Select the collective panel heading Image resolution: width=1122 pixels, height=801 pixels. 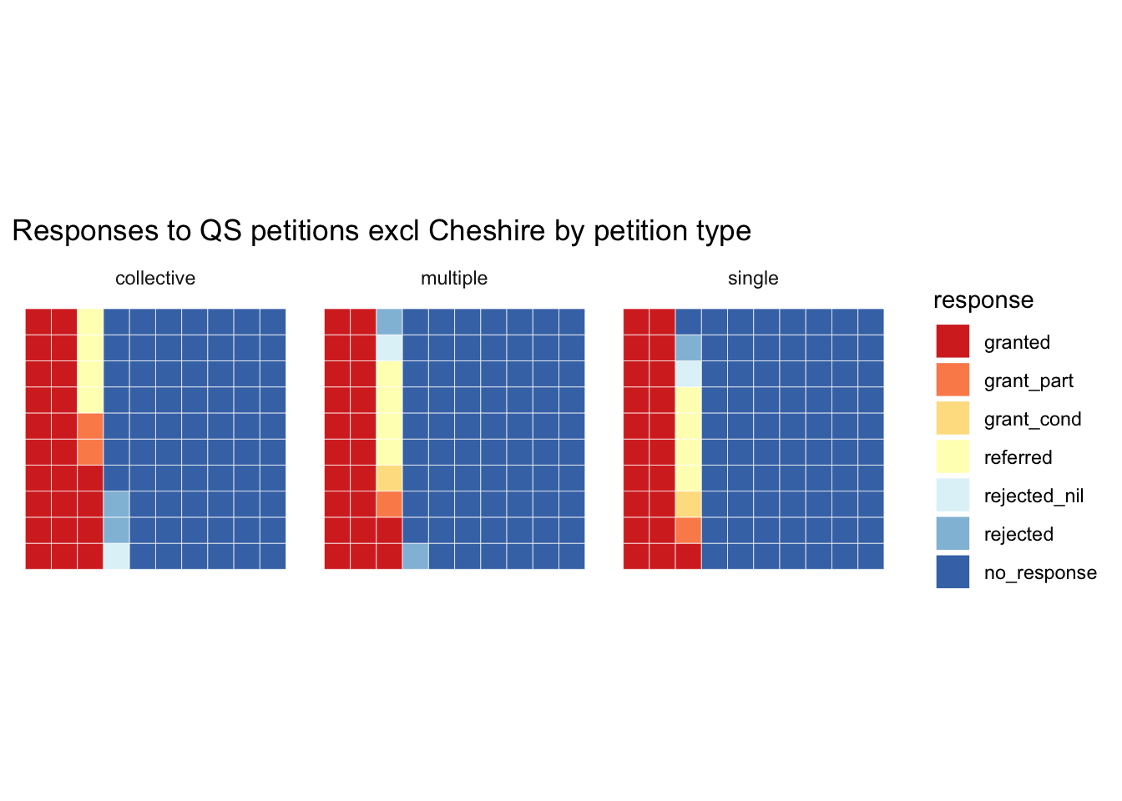(155, 279)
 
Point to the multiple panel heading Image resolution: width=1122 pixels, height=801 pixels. (454, 279)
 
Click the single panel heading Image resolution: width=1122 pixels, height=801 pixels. (753, 279)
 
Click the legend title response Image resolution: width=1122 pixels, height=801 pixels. (983, 300)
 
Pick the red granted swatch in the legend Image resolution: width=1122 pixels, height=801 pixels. (953, 341)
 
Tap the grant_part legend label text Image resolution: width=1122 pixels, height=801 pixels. (1028, 381)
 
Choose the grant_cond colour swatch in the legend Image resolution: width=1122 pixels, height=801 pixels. (953, 418)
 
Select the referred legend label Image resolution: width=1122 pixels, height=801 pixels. (1018, 458)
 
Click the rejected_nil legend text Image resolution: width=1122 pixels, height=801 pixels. (1034, 496)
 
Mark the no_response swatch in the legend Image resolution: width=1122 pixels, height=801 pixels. (953, 572)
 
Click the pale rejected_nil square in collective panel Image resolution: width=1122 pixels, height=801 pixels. (116, 557)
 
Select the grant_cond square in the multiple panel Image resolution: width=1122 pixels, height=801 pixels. (389, 478)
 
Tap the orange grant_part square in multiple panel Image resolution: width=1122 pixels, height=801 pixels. (389, 504)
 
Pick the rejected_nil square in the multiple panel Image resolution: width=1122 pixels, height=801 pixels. (389, 348)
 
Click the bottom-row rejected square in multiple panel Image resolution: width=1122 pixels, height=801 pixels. (415, 557)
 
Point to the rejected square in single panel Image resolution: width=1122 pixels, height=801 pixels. (688, 348)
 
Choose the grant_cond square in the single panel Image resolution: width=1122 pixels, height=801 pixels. (688, 504)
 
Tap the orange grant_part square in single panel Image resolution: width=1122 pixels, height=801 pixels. (688, 531)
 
